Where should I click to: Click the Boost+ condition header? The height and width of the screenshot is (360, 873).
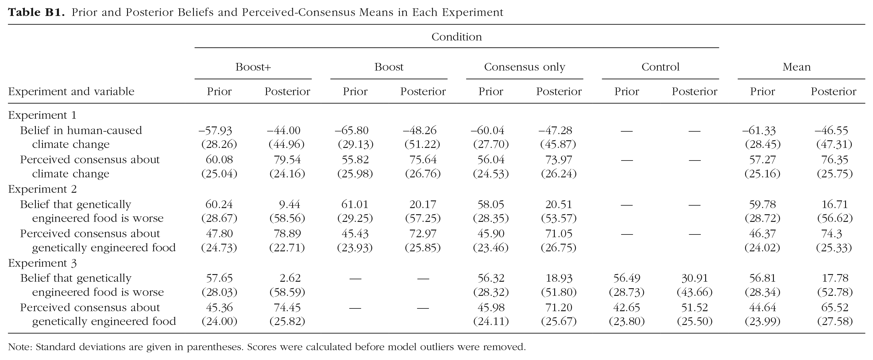point(253,67)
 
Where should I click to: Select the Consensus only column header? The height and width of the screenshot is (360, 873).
point(525,67)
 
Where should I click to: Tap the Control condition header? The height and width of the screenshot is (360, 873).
point(661,67)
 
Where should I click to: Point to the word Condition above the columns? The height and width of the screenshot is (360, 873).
point(457,37)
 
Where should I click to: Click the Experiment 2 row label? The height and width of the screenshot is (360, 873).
point(42,189)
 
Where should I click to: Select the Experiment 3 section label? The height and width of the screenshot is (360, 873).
point(42,263)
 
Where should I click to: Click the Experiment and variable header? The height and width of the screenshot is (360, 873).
point(71,91)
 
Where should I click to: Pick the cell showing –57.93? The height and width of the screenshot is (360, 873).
point(215,130)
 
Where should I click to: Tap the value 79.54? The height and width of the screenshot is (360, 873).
point(287,159)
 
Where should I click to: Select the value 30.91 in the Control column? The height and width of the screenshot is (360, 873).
point(695,278)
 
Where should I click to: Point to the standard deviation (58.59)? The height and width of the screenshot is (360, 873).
point(287,292)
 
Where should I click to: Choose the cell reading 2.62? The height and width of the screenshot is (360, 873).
point(290,278)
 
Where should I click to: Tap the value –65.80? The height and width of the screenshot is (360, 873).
point(351,130)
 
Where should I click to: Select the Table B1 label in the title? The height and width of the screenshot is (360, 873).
point(36,13)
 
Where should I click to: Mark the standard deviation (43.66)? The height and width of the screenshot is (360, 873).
point(695,292)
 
